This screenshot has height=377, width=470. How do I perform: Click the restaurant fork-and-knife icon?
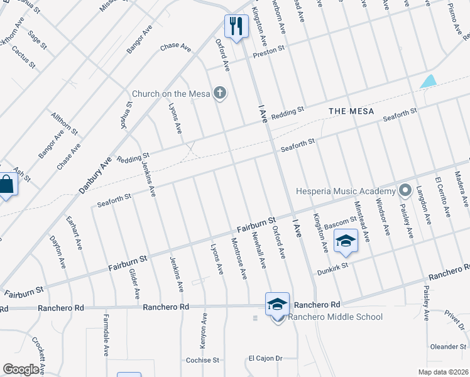point(236,26)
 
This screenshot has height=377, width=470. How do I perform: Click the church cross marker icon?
point(219,94)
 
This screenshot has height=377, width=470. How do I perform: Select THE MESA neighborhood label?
point(351,111)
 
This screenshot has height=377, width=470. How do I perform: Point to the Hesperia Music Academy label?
point(346,191)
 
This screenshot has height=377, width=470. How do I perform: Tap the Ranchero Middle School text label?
point(335,317)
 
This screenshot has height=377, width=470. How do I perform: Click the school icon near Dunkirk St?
point(346,241)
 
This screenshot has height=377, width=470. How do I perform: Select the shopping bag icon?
point(6,185)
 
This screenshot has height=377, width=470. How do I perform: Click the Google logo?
point(21,369)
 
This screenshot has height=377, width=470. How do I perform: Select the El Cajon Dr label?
point(266,359)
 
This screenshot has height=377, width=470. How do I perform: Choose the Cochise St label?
point(202,361)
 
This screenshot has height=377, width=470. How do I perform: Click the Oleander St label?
point(448,346)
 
